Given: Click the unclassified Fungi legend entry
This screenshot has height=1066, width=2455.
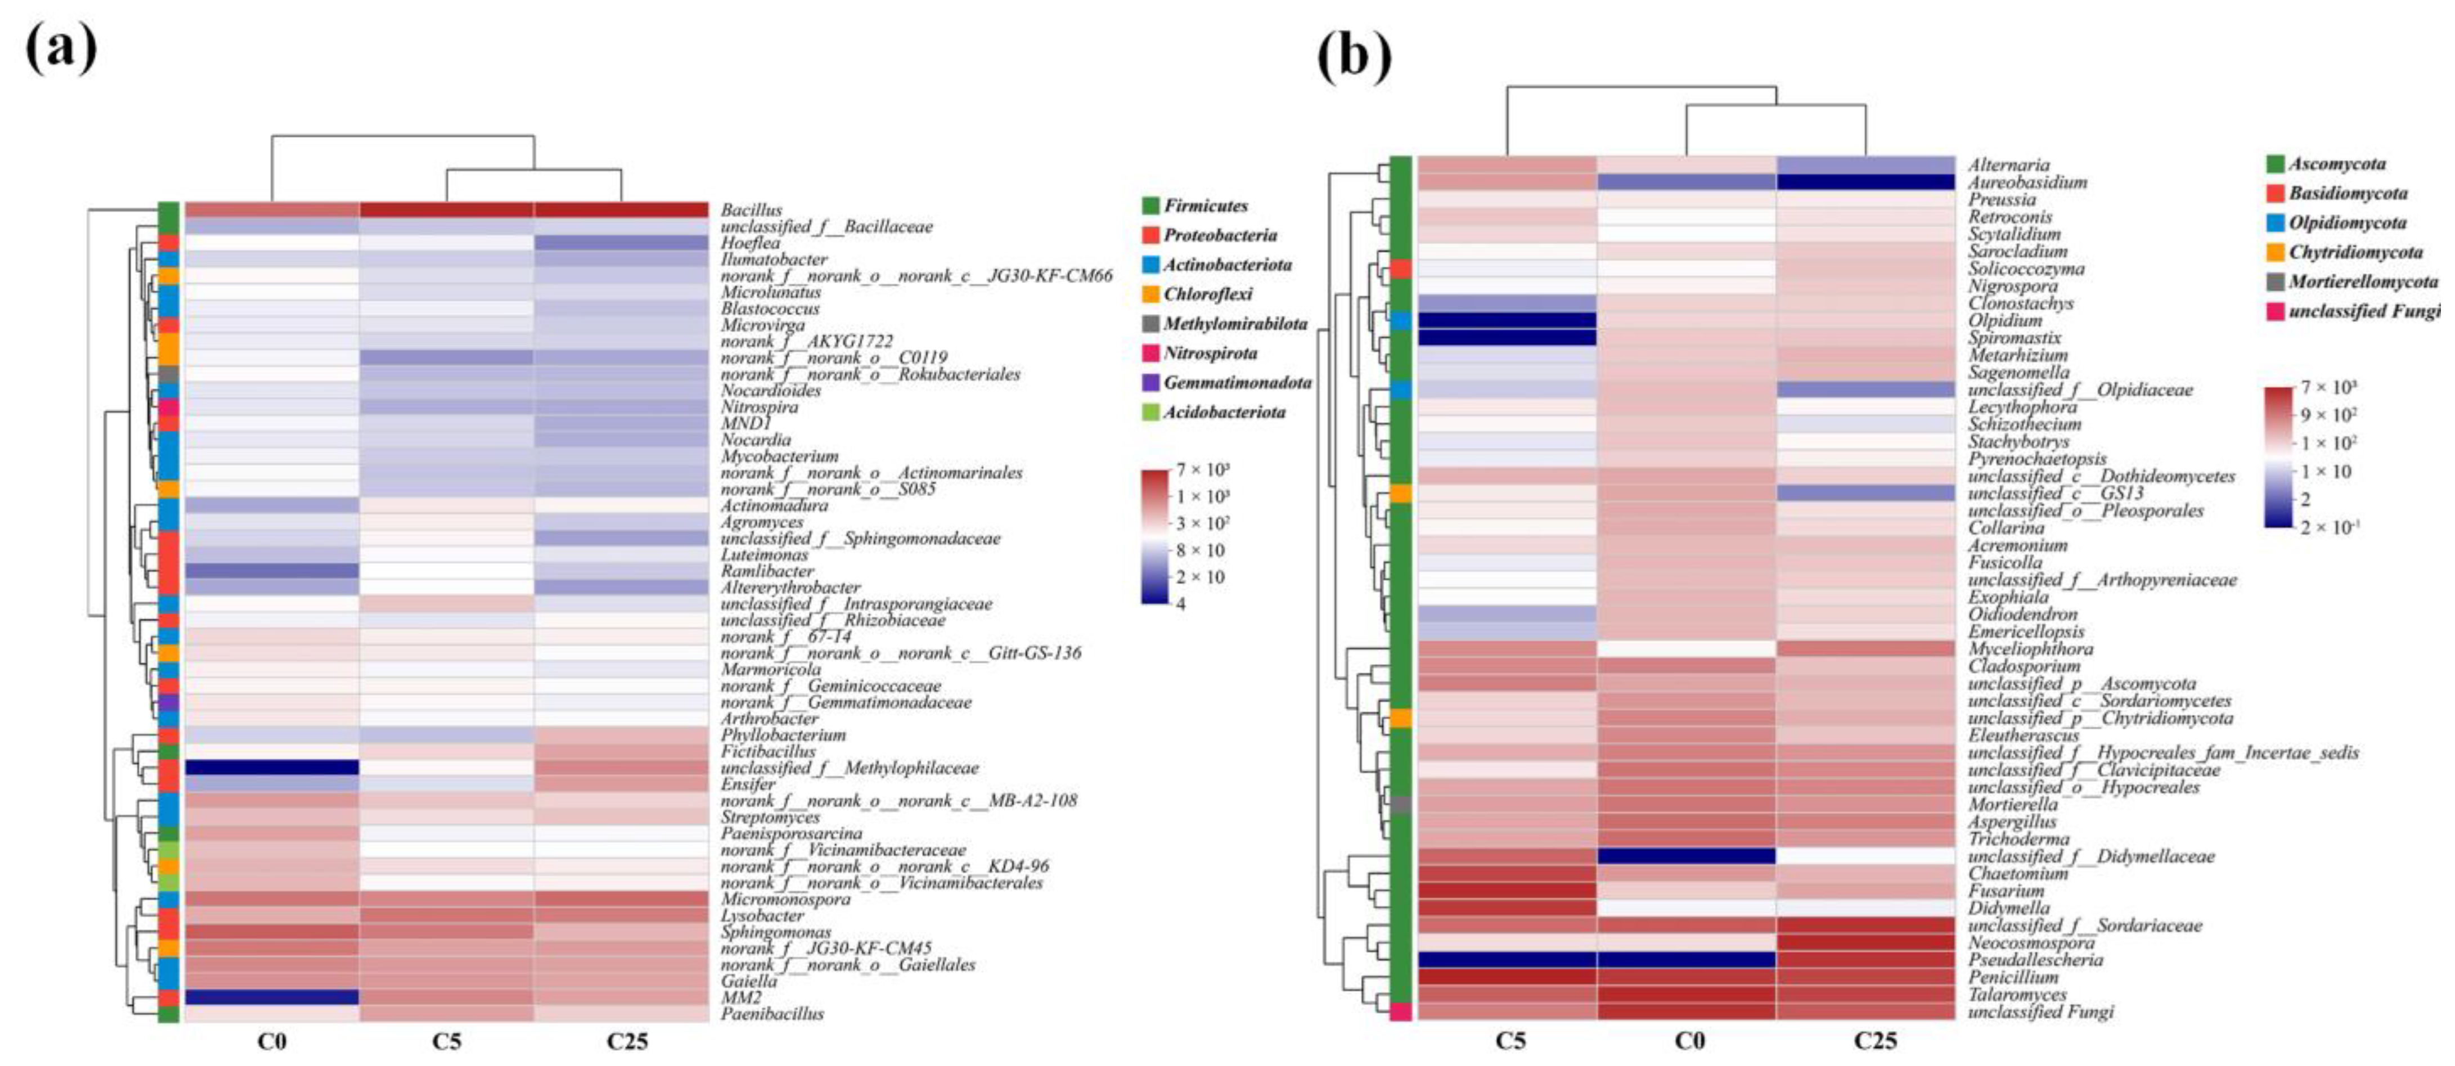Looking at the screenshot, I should [x=2363, y=312].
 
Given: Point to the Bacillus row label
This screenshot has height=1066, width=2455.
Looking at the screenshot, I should [x=751, y=210].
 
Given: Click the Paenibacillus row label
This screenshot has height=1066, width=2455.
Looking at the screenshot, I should [x=772, y=1014].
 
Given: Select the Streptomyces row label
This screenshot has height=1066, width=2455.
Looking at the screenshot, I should [x=769, y=817].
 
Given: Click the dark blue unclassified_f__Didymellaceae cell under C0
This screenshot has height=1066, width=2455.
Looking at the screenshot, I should [x=1686, y=856].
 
